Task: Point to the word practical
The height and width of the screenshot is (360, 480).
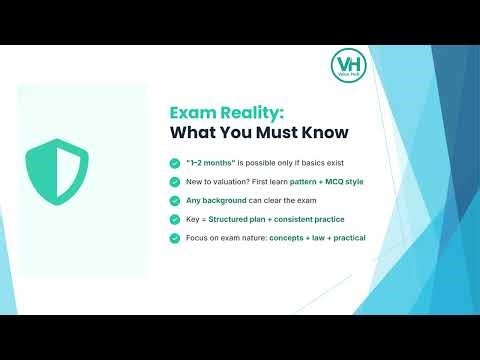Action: tap(349, 238)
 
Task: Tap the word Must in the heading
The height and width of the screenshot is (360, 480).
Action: tap(271, 133)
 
